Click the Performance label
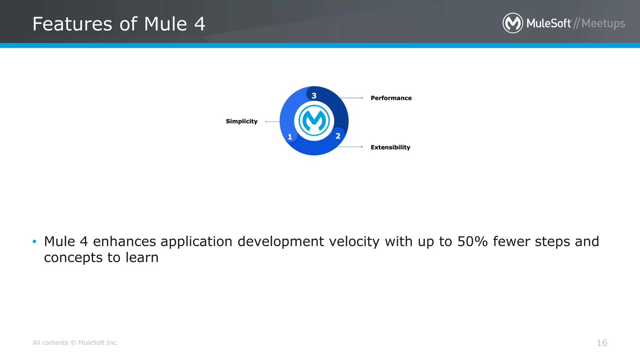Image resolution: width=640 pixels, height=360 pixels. pyautogui.click(x=391, y=98)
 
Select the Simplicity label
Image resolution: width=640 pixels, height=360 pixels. pyautogui.click(x=242, y=121)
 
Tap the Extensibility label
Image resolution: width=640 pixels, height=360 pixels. pyautogui.click(x=390, y=147)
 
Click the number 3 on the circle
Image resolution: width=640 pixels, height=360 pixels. pyautogui.click(x=314, y=96)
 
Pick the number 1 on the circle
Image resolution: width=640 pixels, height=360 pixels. pyautogui.click(x=290, y=137)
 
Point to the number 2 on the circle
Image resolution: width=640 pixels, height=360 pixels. pyautogui.click(x=338, y=136)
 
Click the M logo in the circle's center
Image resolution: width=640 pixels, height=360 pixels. pyautogui.click(x=314, y=121)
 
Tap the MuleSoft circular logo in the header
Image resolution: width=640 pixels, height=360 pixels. pyautogui.click(x=512, y=23)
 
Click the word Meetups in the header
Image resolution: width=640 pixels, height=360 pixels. pyautogui.click(x=603, y=23)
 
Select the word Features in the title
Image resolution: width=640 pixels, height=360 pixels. pyautogui.click(x=72, y=24)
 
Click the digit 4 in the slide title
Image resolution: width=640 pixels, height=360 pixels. pyautogui.click(x=200, y=24)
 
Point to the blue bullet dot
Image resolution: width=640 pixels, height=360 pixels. pyautogui.click(x=34, y=241)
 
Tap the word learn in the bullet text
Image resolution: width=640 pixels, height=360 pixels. pyautogui.click(x=142, y=257)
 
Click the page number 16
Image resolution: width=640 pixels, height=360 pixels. pyautogui.click(x=602, y=343)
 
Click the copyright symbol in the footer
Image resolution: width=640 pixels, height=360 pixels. pyautogui.click(x=73, y=343)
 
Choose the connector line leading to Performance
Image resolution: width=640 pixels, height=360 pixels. pyautogui.click(x=351, y=98)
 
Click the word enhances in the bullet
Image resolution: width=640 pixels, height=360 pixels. pyautogui.click(x=124, y=242)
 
